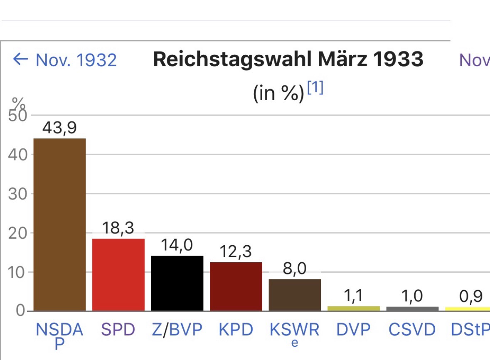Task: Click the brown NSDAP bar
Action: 59,224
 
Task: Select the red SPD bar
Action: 118,274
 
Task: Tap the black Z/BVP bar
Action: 177,283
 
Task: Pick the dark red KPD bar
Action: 236,286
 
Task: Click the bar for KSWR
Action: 295,295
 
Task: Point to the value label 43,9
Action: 59,128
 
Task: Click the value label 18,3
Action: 118,229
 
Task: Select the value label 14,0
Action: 177,245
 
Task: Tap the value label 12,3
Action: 236,252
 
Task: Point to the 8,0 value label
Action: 295,269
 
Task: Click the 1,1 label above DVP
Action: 353,296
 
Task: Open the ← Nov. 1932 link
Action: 65,60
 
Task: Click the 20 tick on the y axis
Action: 17,233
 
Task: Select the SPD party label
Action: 118,330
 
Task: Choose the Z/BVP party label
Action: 177,330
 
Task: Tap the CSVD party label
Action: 412,330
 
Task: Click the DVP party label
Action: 353,330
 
